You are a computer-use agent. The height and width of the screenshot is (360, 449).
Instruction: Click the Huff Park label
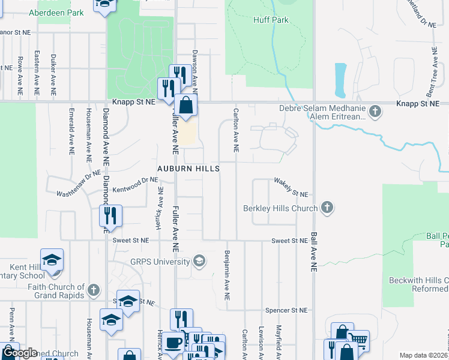coord(271,20)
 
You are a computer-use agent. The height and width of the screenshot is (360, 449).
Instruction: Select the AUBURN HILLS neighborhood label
coord(188,169)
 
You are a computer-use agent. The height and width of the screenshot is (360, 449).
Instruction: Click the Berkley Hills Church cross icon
coord(327,208)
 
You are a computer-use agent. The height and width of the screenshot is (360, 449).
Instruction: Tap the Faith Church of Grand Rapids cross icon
coord(93,291)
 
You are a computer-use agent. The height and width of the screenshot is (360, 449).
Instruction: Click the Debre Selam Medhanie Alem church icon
coord(375,111)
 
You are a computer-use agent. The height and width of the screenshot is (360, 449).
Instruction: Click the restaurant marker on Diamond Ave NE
coord(110,215)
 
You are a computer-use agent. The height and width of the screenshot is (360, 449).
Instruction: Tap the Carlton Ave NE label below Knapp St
coord(237,130)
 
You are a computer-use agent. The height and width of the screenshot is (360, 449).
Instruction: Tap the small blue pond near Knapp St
coord(340,80)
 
